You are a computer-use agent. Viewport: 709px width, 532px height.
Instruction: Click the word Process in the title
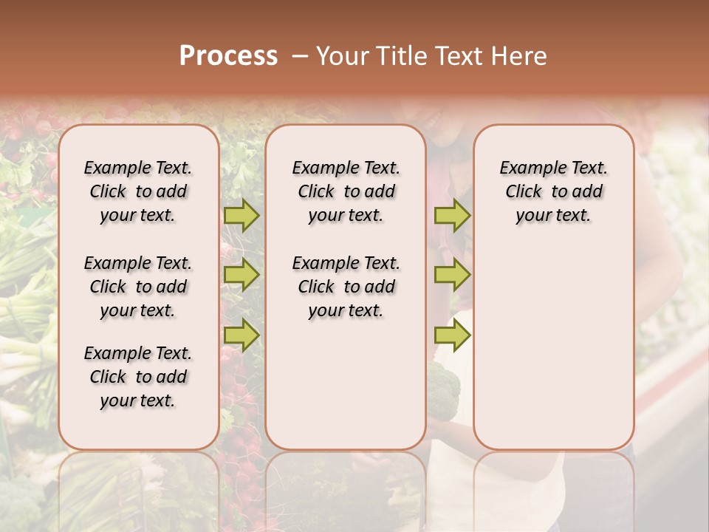[x=228, y=56]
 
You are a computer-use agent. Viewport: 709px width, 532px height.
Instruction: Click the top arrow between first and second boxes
[x=242, y=215]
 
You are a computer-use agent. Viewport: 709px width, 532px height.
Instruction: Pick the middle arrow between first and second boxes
[x=242, y=275]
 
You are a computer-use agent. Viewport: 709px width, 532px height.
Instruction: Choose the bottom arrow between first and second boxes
[x=242, y=335]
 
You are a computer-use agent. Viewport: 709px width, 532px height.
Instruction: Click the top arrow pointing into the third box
[x=452, y=215]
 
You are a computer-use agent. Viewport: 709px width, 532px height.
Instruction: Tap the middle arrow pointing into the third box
[x=452, y=275]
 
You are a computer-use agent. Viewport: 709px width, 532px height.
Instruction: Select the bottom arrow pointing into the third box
[x=452, y=335]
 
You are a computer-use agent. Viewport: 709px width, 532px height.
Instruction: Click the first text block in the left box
[x=138, y=191]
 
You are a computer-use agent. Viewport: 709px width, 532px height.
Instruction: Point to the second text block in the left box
[x=138, y=287]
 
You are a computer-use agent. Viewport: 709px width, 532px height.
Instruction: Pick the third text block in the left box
[x=138, y=377]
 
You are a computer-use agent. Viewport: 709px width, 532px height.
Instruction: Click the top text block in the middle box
[x=346, y=191]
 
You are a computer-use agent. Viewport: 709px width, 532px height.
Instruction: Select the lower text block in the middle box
[x=346, y=287]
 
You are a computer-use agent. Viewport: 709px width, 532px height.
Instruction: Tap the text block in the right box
[x=554, y=191]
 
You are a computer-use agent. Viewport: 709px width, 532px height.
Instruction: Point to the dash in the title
[x=299, y=56]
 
